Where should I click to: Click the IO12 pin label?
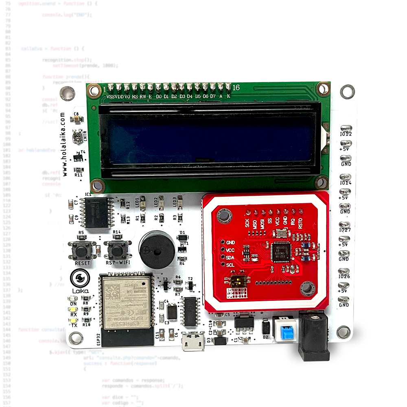346,134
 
